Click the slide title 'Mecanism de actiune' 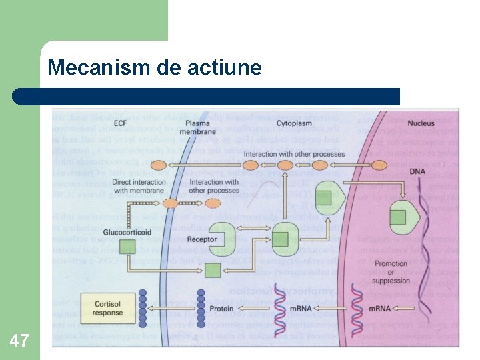click(x=155, y=68)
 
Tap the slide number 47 click(x=19, y=341)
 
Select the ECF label click(x=121, y=123)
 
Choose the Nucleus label click(x=421, y=123)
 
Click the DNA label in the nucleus click(x=417, y=171)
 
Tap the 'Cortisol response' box click(x=108, y=308)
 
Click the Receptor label click(x=201, y=239)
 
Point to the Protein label click(x=221, y=309)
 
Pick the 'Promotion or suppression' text click(x=391, y=272)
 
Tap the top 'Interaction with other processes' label click(x=294, y=155)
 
